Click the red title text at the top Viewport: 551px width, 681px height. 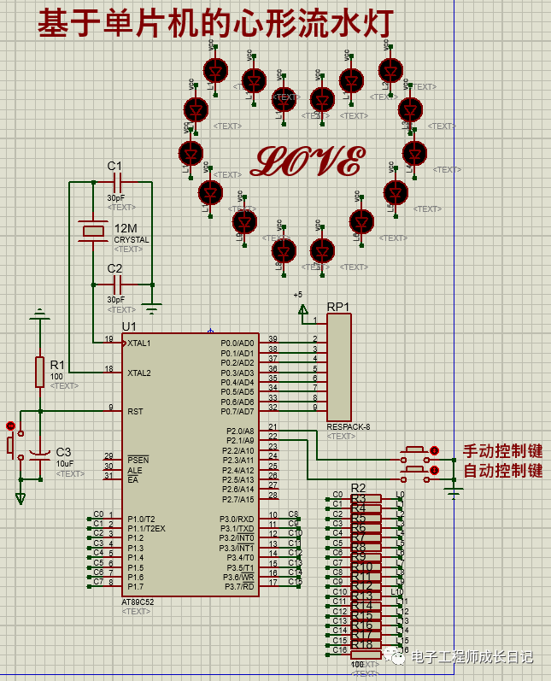click(x=214, y=24)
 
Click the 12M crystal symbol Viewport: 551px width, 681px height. click(x=93, y=231)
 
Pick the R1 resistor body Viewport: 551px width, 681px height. click(x=39, y=372)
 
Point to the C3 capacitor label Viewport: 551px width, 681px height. click(x=64, y=452)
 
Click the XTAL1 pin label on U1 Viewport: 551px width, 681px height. click(x=139, y=343)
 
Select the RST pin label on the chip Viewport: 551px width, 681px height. click(x=135, y=411)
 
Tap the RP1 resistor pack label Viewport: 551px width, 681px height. click(x=337, y=307)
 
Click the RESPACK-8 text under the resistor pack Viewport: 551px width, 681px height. click(x=348, y=426)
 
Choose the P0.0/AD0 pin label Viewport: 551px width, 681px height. click(x=237, y=343)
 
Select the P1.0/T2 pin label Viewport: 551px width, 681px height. click(x=141, y=519)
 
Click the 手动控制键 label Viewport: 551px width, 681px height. click(x=502, y=451)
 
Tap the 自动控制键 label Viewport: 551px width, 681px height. click(x=502, y=471)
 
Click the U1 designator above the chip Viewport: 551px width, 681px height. click(x=129, y=326)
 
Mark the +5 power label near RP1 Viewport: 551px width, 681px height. click(x=298, y=295)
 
